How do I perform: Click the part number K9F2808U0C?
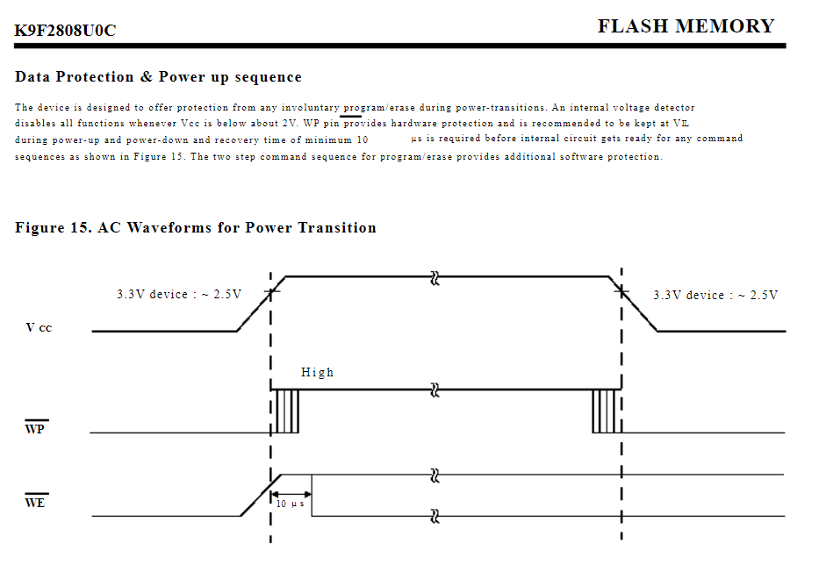(65, 31)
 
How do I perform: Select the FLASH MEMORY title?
(686, 26)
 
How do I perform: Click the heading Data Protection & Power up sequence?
(158, 77)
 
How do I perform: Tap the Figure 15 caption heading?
(196, 228)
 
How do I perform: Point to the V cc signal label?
(39, 328)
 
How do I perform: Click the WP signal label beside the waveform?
(35, 429)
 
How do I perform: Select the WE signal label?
(35, 503)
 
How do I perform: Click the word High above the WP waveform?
(317, 372)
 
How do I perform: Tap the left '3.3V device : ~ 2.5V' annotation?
(179, 295)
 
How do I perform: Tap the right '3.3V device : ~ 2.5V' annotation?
(715, 295)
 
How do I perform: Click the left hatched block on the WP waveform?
(287, 411)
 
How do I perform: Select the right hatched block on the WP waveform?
(605, 411)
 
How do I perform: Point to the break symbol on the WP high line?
(434, 390)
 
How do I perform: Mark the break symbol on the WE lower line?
(434, 516)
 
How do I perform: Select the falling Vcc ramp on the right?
(638, 306)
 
